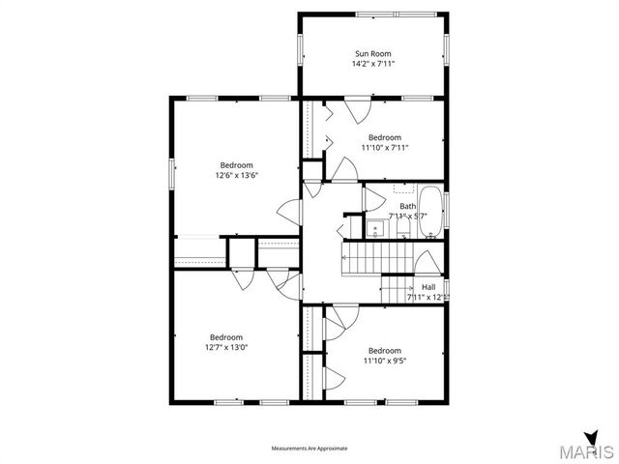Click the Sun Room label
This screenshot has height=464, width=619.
[373, 53]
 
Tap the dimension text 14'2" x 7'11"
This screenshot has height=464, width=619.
[373, 64]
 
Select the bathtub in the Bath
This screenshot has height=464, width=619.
[431, 211]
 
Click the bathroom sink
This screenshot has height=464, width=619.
[375, 229]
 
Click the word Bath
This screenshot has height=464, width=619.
[407, 206]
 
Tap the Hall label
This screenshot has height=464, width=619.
[428, 287]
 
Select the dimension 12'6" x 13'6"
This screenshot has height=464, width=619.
[237, 176]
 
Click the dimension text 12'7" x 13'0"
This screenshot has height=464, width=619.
[226, 348]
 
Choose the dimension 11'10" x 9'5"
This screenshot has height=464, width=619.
[384, 361]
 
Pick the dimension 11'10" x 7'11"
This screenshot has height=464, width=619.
[384, 148]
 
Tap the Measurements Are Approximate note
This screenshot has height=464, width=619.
[309, 449]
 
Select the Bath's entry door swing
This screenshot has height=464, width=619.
[350, 229]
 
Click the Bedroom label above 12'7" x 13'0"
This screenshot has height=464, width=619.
[226, 337]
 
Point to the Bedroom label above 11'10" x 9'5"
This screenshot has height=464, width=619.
[384, 350]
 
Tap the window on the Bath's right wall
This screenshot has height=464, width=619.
[447, 206]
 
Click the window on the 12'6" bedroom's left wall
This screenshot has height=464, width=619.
[173, 174]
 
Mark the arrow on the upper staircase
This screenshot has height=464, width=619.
[377, 260]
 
